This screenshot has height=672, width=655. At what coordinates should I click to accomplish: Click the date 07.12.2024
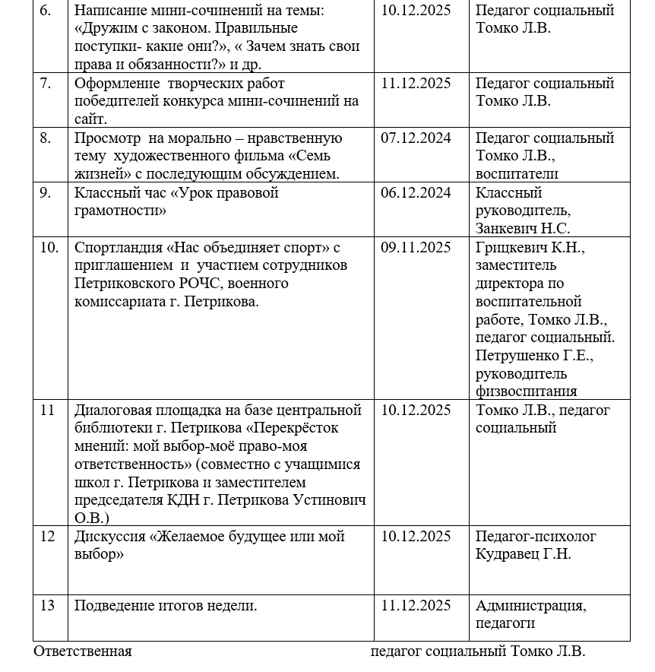(416, 138)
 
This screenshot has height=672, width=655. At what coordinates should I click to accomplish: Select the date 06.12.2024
(416, 193)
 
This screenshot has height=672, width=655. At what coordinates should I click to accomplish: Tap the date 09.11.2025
(416, 248)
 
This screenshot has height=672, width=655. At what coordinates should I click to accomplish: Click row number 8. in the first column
(46, 138)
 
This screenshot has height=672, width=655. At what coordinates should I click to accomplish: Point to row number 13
(47, 606)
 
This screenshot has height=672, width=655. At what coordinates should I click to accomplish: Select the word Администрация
(530, 606)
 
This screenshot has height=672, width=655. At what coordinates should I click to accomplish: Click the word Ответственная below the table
(83, 651)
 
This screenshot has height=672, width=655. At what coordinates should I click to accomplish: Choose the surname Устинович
(329, 500)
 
